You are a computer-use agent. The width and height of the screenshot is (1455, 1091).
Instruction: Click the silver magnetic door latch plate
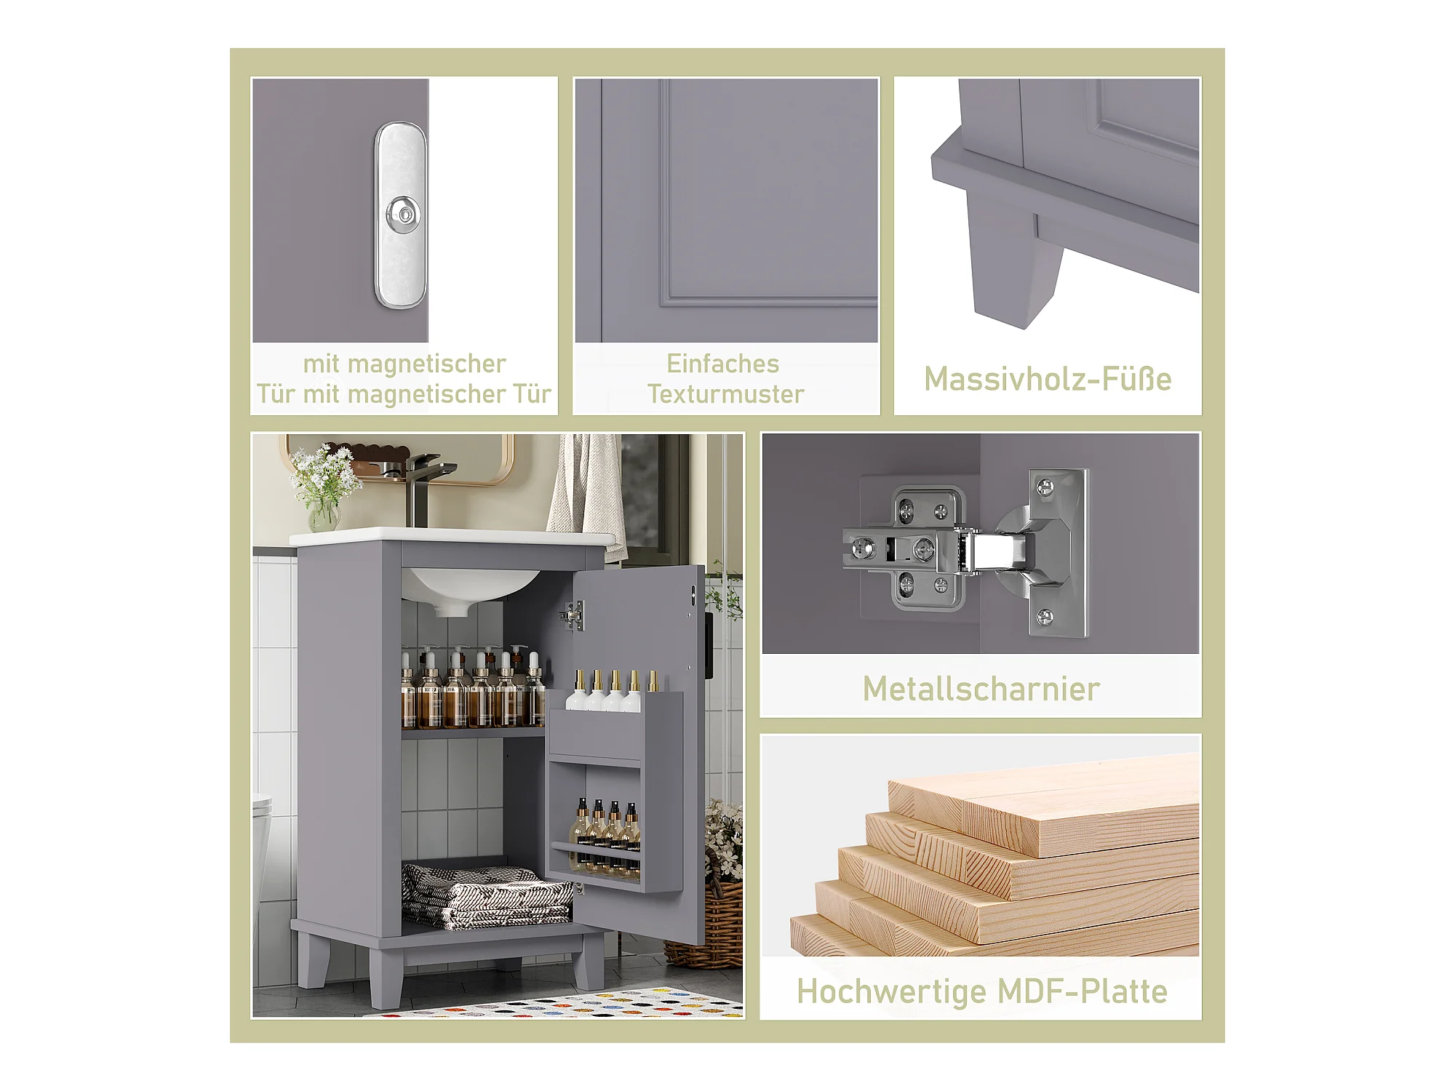point(401,215)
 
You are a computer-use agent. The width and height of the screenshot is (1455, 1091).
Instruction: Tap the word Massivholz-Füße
point(1048,380)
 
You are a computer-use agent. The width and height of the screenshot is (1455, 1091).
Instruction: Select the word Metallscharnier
point(981,689)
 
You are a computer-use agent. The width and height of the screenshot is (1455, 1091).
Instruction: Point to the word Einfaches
point(722,364)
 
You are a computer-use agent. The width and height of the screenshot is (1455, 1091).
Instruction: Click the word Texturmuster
point(726,394)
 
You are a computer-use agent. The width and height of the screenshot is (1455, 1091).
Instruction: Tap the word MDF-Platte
point(1083,991)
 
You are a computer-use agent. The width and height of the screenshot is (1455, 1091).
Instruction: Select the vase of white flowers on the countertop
point(324,486)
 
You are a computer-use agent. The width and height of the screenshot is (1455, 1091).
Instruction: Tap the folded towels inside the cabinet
point(486,896)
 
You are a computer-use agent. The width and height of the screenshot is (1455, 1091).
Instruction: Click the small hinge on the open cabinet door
point(573,616)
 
